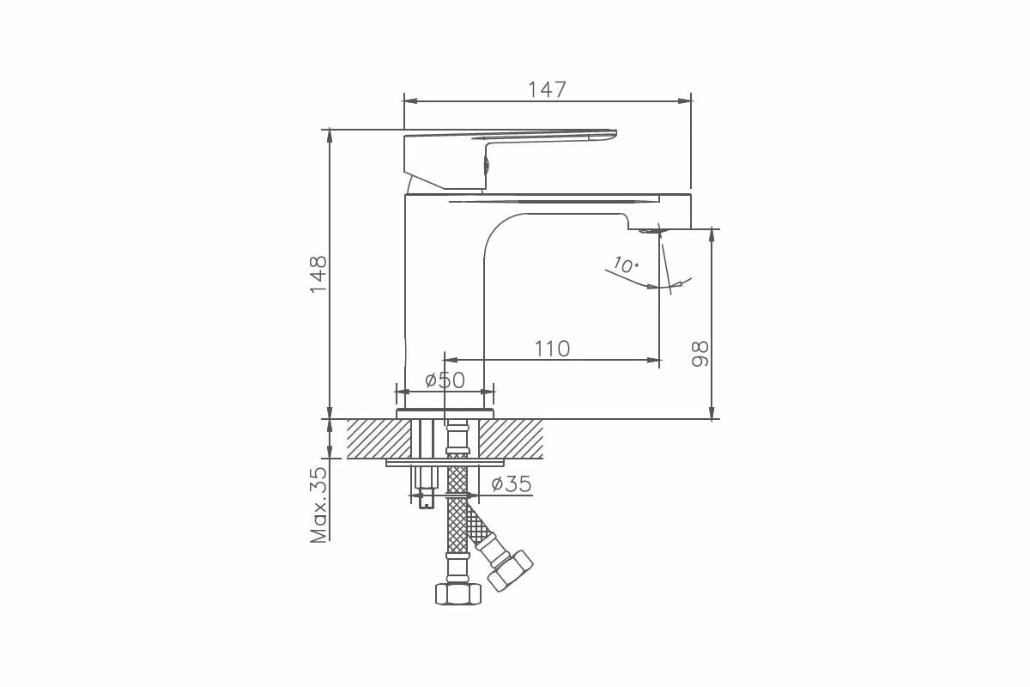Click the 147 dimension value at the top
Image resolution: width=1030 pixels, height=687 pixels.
[547, 89]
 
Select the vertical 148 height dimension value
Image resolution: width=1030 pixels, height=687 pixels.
[318, 274]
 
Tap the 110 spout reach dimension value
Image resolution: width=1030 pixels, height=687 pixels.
[552, 349]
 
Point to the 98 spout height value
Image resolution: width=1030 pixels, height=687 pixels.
[700, 353]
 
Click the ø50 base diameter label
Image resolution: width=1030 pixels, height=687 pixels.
[445, 380]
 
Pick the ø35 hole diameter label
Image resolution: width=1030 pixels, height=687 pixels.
[512, 484]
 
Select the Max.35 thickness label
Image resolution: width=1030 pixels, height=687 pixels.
[318, 505]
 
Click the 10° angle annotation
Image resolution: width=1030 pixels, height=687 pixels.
[626, 265]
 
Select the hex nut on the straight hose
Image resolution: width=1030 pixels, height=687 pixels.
[457, 593]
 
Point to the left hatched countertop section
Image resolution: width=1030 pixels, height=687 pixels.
[379, 439]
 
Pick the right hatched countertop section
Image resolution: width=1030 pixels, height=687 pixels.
[511, 439]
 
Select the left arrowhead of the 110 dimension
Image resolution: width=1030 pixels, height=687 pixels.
[450, 360]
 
